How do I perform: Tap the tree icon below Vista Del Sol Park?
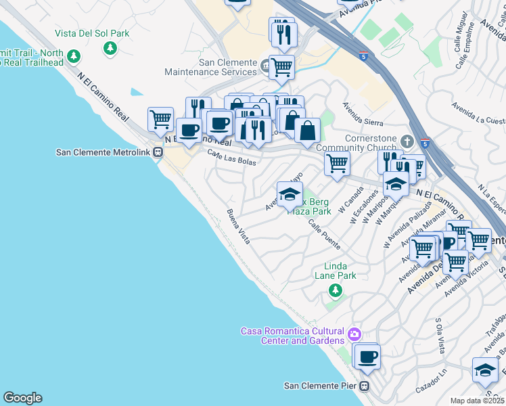[110, 48]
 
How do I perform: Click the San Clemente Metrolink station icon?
[158, 152]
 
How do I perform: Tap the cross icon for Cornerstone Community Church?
[406, 141]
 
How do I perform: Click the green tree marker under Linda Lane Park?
[334, 290]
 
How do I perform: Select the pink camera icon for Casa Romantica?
[354, 334]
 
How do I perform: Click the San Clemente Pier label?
[320, 386]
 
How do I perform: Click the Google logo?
[22, 398]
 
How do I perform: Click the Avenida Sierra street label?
[363, 114]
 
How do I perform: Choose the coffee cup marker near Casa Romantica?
[367, 356]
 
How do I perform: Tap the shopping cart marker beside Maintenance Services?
[281, 66]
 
